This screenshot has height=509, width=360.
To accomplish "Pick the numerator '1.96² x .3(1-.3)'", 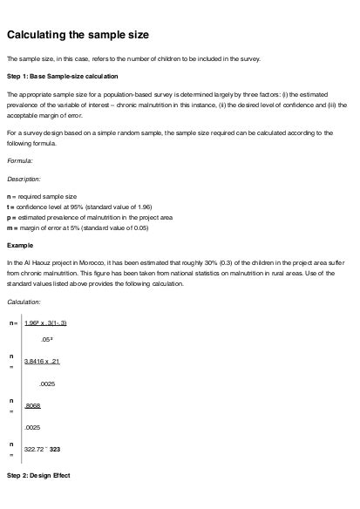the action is click(x=47, y=323).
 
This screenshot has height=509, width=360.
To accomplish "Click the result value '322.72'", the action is click(x=37, y=448).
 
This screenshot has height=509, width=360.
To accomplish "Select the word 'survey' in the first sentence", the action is click(x=256, y=58).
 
